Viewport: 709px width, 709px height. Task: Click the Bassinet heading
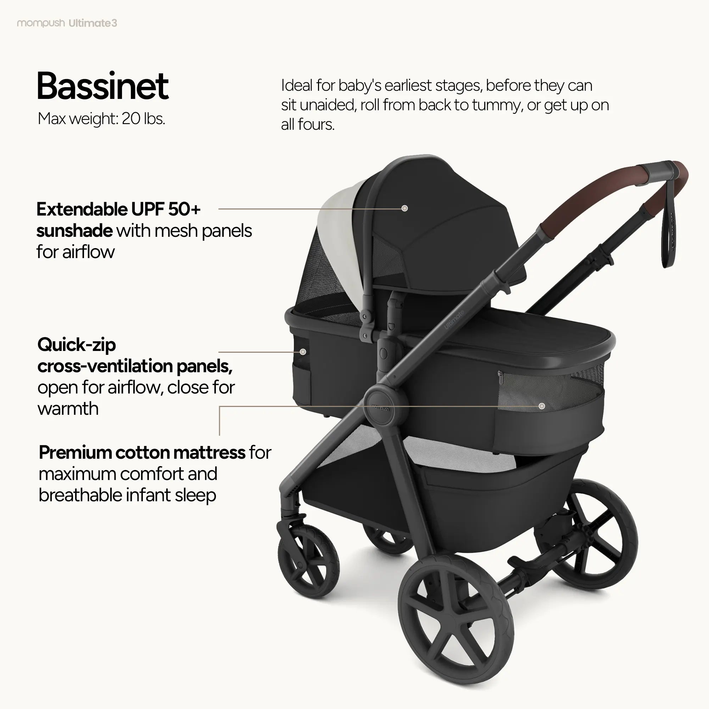102,86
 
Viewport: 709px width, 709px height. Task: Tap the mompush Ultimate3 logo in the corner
67,23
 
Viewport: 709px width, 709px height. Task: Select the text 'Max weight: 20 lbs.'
101,118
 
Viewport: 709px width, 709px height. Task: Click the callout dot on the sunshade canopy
404,208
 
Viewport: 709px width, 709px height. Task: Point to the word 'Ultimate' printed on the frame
454,320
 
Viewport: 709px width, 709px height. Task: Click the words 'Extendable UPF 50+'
118,210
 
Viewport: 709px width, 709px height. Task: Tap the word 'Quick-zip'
77,345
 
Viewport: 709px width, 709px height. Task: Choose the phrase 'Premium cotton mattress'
142,452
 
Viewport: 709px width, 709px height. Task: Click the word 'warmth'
68,409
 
